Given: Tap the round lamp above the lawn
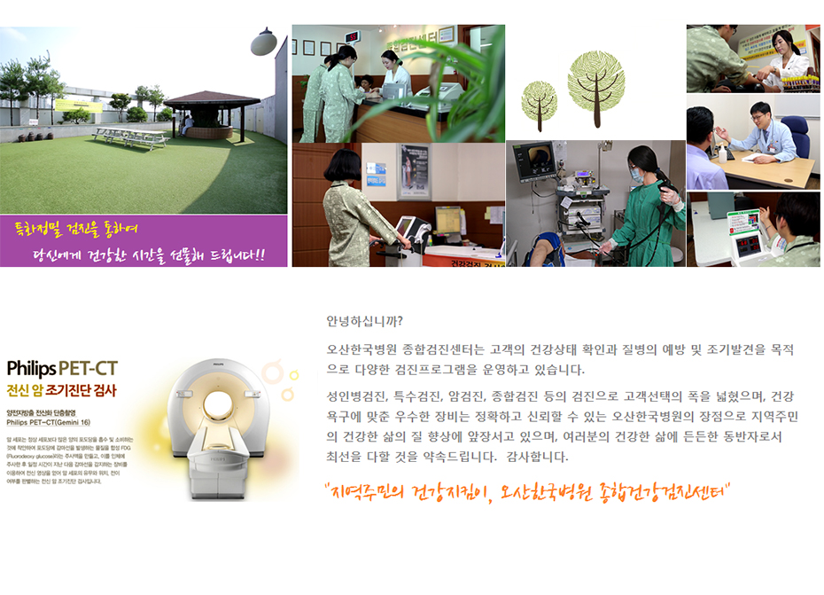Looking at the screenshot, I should click(x=262, y=43).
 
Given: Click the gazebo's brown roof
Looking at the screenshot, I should click(x=211, y=98).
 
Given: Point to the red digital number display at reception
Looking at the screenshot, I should click(x=352, y=36).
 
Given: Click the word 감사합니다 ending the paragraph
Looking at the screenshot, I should click(x=531, y=458).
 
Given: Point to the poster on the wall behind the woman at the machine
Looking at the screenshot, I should click(x=413, y=170).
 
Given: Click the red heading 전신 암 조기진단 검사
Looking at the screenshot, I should click(x=61, y=389).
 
